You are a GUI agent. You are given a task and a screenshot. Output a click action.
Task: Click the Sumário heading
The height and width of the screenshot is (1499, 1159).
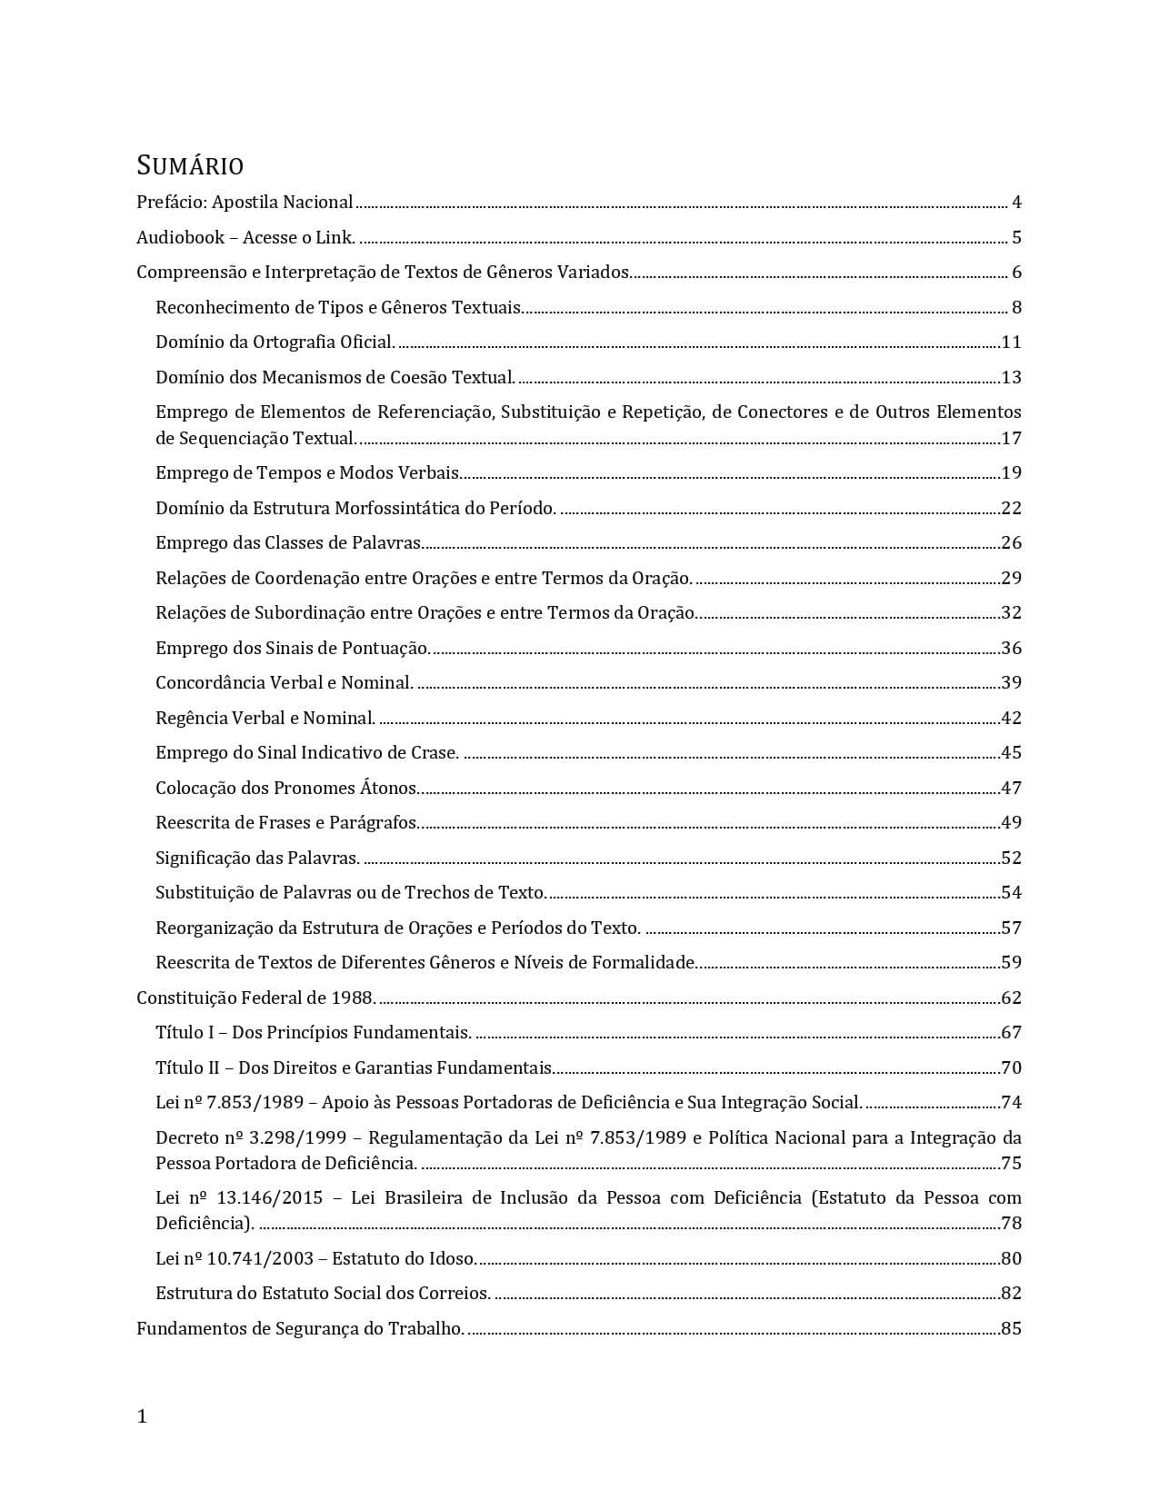coord(190,166)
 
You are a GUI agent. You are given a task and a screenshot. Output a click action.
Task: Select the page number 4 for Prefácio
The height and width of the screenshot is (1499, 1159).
coord(1016,203)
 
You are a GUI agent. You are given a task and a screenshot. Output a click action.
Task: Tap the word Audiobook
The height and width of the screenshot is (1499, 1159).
coord(180,238)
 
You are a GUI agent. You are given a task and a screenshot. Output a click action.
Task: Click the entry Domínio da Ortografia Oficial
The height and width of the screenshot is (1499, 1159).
coord(275,342)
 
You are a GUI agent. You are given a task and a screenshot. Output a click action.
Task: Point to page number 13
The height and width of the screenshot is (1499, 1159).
coord(1011,378)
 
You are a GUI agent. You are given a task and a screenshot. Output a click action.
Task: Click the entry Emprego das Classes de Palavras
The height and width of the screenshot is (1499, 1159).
coord(288,543)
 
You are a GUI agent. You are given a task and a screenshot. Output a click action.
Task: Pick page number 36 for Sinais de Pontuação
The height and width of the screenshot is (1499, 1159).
coord(1011,649)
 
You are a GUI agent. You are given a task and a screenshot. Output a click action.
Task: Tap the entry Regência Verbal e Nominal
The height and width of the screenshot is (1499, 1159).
coord(265,719)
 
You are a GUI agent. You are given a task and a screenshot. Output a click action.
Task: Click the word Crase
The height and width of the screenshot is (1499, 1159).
coord(435,753)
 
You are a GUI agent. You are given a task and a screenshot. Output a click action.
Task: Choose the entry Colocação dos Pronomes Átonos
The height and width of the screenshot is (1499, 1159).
coord(286,789)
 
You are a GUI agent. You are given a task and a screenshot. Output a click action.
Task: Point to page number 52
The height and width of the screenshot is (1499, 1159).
coord(1011,859)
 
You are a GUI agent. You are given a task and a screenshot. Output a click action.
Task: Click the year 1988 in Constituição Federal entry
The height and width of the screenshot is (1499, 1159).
coord(353,998)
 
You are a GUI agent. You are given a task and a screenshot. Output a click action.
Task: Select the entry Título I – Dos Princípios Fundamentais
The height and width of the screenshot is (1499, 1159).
coord(313,1033)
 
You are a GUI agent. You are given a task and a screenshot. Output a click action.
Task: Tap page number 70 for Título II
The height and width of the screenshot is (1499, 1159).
coord(1011,1068)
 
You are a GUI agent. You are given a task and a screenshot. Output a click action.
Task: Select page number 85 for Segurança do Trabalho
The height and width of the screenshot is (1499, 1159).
coord(1011,1329)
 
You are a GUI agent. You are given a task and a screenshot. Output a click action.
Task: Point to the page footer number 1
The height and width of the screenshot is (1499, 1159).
coord(142,1417)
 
